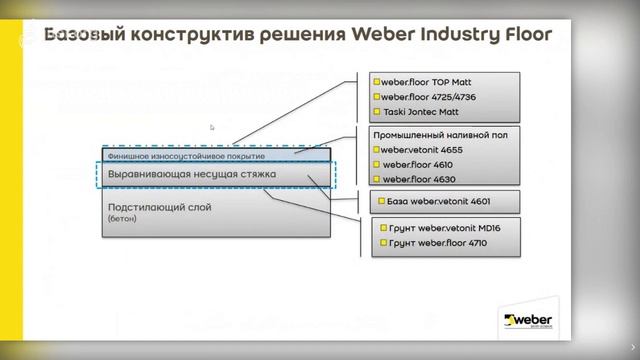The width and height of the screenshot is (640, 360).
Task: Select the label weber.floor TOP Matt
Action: click(417, 81)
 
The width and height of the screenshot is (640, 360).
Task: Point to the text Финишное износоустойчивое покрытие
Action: click(186, 156)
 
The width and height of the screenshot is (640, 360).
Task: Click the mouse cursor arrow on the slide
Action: click(212, 128)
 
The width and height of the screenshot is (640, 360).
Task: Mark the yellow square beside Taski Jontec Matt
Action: click(376, 113)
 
